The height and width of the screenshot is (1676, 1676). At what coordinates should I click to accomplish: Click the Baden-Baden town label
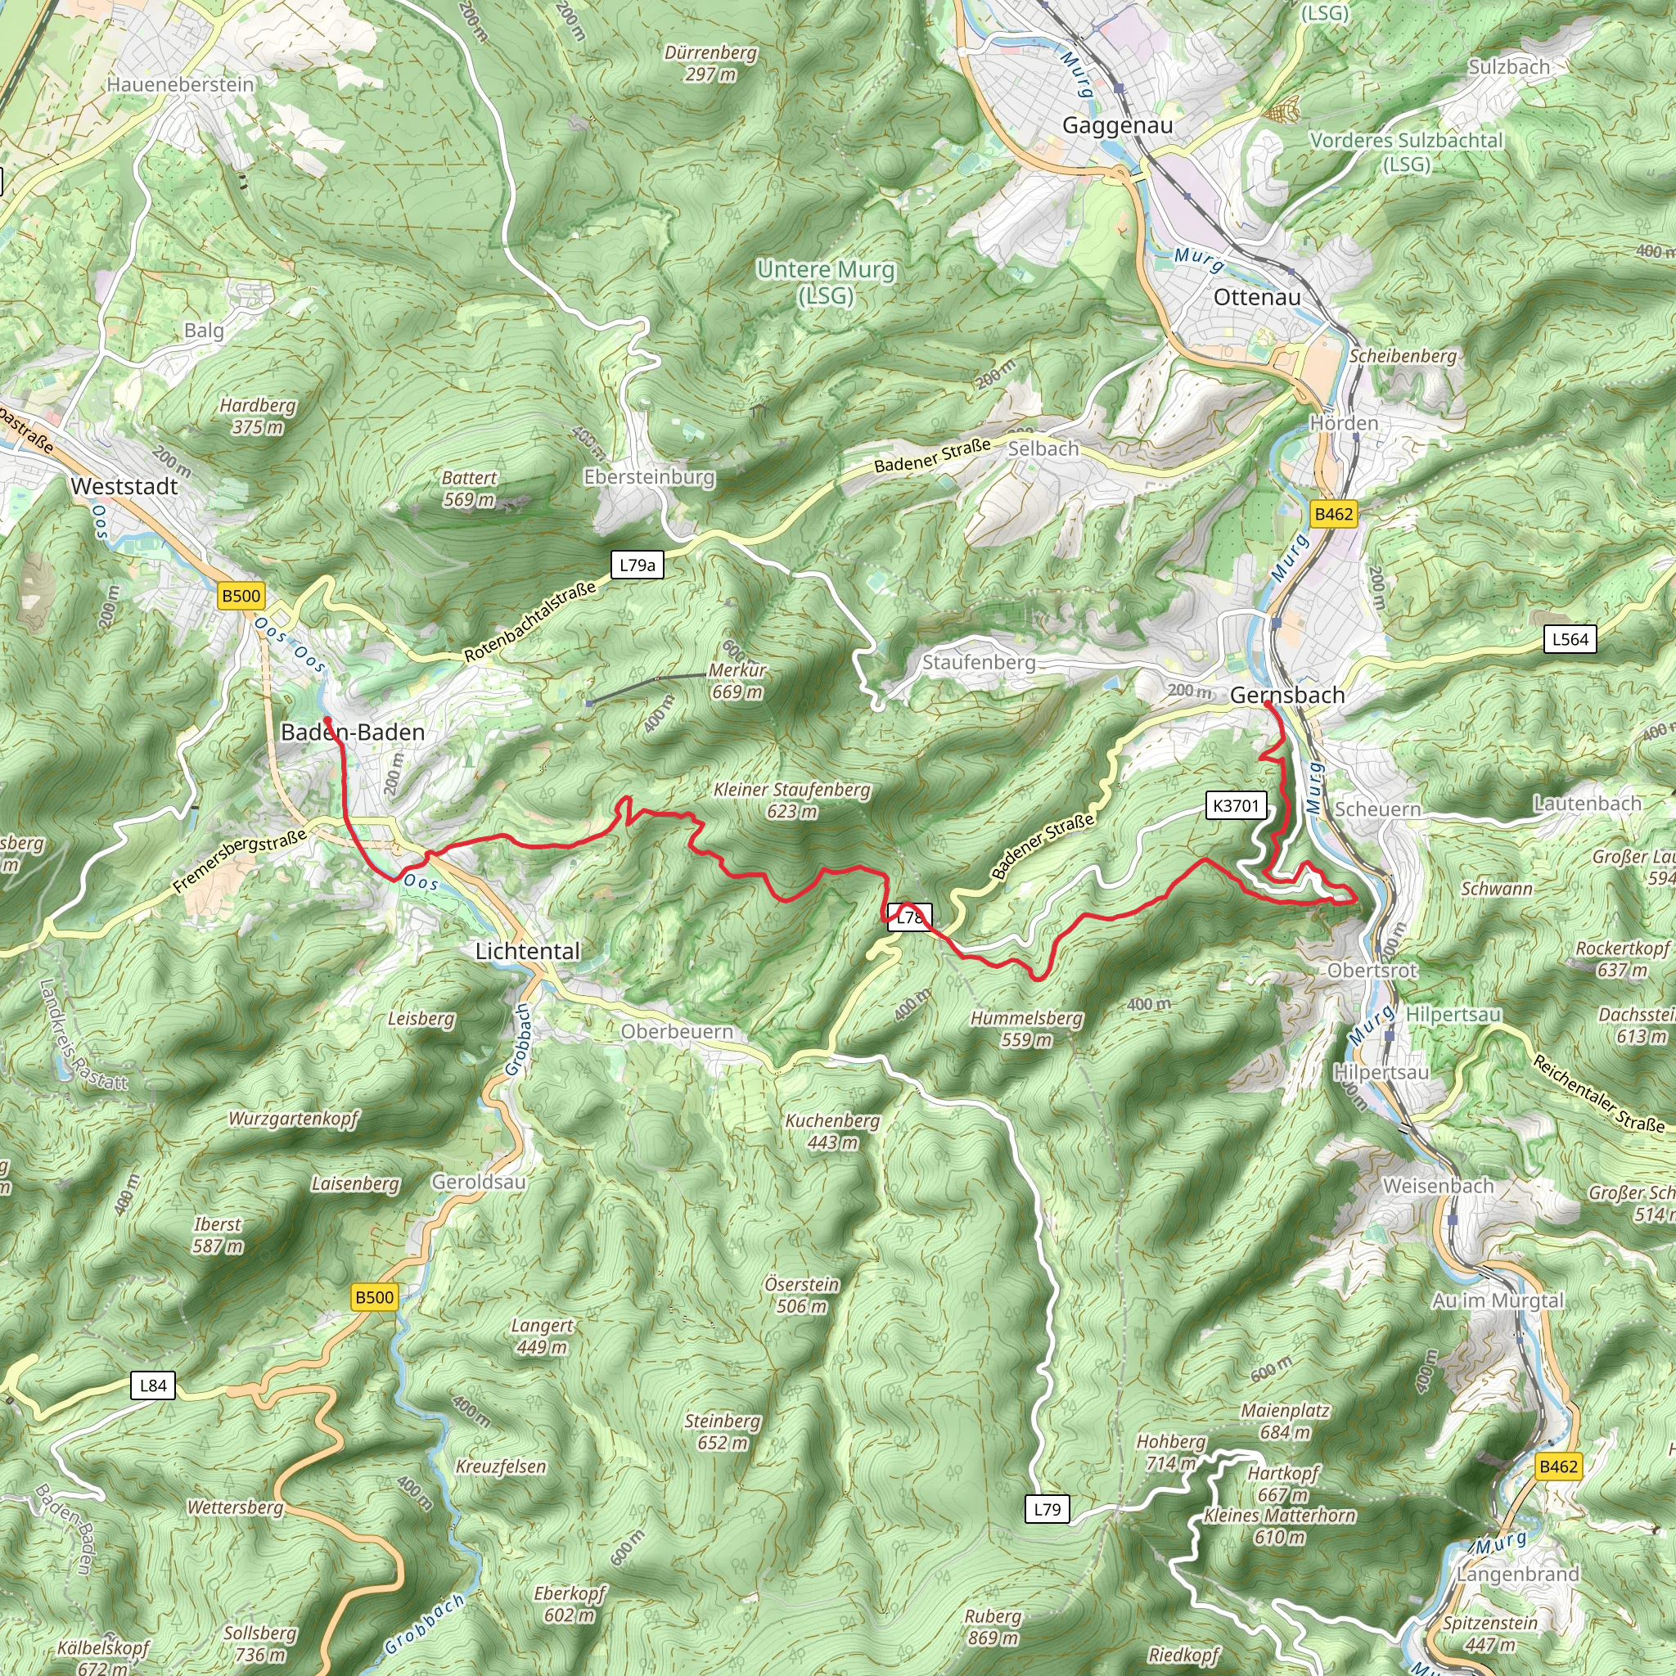tap(352, 732)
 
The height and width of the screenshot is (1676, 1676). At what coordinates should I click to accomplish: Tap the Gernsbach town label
tap(1286, 695)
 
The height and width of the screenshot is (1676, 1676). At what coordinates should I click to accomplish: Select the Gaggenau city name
tap(1116, 125)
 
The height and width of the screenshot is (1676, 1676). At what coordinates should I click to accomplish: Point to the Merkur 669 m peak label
tap(737, 681)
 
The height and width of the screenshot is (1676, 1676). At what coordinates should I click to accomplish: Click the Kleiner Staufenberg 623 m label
tap(791, 800)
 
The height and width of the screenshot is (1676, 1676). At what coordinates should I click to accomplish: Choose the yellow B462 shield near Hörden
tap(1332, 514)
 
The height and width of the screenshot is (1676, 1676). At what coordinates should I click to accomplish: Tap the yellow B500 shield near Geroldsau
tap(374, 1297)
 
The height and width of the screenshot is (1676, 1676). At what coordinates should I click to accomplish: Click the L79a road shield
tap(637, 565)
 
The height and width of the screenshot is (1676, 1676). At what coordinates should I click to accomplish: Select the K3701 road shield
tap(1234, 805)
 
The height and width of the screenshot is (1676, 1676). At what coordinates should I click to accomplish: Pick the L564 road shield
tap(1570, 639)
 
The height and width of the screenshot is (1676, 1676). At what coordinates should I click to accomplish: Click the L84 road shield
tap(153, 1385)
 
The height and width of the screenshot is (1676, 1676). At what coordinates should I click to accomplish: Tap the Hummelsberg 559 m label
tap(1026, 1028)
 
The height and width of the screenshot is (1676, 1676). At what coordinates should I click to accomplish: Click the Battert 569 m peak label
tap(468, 489)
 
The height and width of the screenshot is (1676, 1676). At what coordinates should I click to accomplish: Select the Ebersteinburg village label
tap(649, 476)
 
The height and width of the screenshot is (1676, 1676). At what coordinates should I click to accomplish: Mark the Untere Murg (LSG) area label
tap(825, 282)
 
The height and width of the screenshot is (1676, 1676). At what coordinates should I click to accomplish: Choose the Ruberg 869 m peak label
tap(993, 1627)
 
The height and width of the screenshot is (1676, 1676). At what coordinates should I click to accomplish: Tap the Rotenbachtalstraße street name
tap(530, 621)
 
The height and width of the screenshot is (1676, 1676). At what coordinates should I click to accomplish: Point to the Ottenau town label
tap(1256, 297)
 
